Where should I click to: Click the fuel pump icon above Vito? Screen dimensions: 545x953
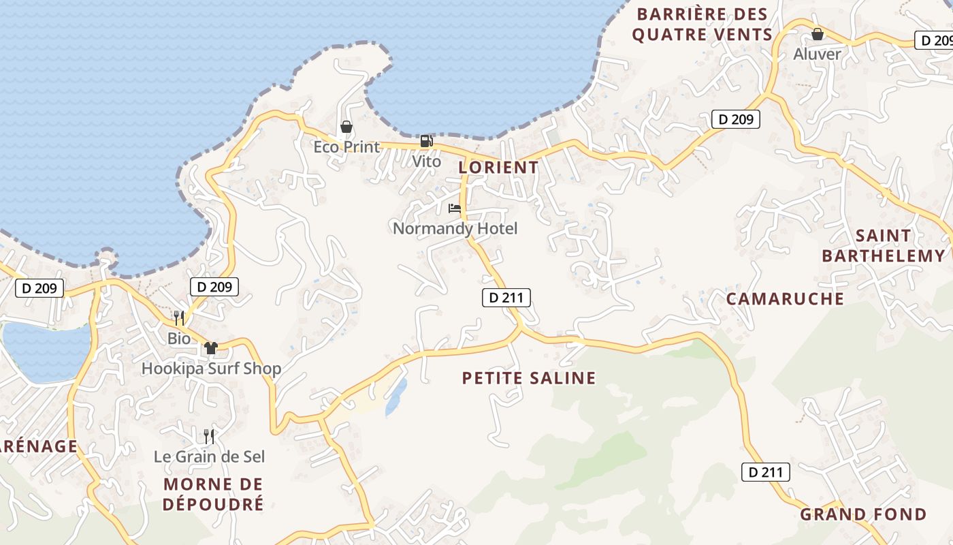(426, 141)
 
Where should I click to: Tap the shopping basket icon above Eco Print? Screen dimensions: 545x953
(346, 127)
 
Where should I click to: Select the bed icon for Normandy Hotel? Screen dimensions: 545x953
(455, 208)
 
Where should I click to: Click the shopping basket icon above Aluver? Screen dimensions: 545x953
(818, 33)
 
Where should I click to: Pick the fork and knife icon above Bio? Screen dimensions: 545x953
(178, 317)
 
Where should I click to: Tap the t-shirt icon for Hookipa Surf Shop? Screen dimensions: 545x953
(211, 348)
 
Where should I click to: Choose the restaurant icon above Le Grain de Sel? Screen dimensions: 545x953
(209, 436)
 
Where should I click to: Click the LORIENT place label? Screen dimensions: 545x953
(498, 167)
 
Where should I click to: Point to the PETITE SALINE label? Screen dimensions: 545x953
(529, 378)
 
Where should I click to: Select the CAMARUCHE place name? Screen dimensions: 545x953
(785, 298)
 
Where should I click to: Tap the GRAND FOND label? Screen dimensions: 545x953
(863, 514)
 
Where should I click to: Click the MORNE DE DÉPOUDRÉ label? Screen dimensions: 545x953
(213, 495)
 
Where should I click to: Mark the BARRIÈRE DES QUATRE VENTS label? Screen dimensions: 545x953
(702, 24)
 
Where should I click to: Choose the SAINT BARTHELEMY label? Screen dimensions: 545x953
(884, 246)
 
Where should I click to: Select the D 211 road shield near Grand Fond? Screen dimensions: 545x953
(765, 471)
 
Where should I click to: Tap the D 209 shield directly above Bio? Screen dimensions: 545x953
(214, 287)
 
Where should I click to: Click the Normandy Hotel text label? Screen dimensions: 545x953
(455, 228)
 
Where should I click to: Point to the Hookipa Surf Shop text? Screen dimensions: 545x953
(211, 369)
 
